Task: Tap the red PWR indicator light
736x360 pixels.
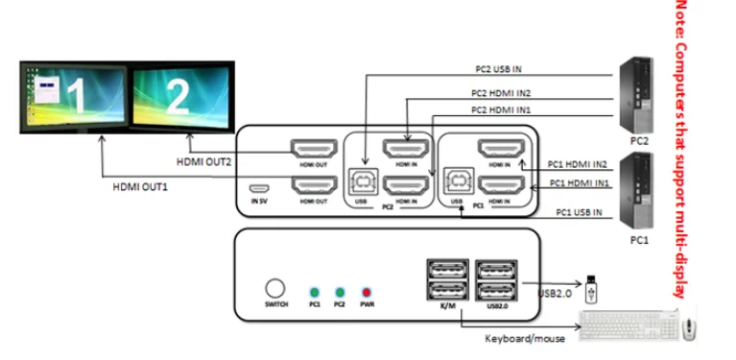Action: (x=365, y=290)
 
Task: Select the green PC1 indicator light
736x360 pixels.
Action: (x=313, y=290)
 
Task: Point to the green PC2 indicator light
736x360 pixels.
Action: (x=339, y=290)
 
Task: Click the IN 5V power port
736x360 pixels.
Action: (x=258, y=188)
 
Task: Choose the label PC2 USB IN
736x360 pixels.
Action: (x=499, y=69)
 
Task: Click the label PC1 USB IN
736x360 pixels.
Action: (x=576, y=211)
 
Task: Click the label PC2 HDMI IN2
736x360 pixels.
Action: (x=501, y=93)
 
